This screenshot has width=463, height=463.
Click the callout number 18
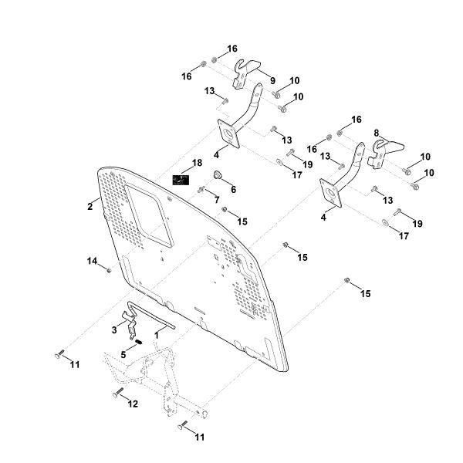tap(198, 164)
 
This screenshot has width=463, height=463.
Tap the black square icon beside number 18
tap(180, 181)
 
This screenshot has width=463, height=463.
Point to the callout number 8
tap(377, 133)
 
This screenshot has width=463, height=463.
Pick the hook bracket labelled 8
tap(384, 150)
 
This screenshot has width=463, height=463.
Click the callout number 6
tap(232, 190)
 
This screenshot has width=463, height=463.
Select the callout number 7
tap(217, 201)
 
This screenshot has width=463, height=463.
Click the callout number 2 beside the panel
tap(90, 206)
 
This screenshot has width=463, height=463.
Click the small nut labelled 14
tap(110, 270)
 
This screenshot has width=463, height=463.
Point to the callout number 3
tap(114, 330)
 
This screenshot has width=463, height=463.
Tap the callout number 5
tap(123, 354)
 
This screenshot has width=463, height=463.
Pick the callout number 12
tap(133, 404)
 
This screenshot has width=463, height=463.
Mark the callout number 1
tap(156, 336)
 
